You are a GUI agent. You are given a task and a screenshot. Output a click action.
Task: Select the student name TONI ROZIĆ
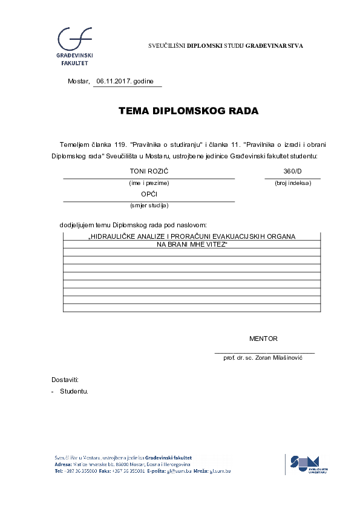149,172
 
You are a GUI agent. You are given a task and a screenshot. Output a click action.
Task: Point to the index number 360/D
292,172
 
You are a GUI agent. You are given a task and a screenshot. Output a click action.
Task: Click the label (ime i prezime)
149,183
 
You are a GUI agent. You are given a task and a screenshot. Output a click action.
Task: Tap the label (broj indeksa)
293,183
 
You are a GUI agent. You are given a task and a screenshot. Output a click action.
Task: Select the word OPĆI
149,194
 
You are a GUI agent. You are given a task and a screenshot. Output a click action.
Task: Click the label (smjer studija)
149,206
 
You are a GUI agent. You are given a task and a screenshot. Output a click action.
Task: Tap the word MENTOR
263,339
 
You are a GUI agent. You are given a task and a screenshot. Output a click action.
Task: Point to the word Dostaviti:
65,380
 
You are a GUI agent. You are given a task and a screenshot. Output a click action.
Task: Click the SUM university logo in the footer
309,464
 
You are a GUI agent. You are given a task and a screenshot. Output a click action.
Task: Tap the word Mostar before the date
78,82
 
